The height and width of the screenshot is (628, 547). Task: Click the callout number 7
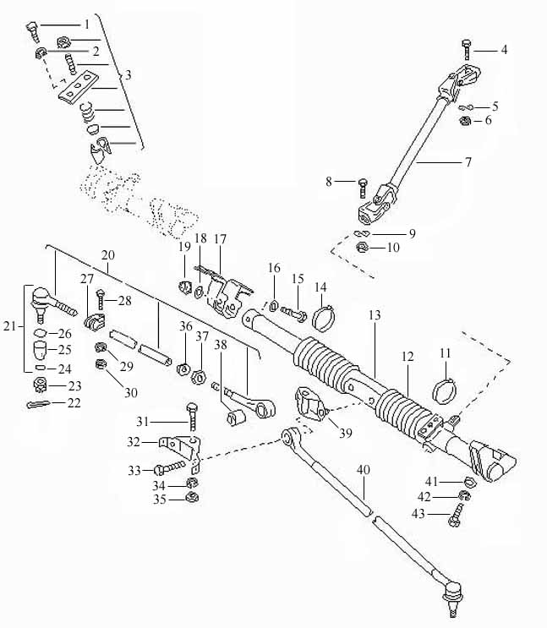pos(468,162)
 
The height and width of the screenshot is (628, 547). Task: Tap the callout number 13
pos(375,315)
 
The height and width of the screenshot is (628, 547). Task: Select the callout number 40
pos(364,470)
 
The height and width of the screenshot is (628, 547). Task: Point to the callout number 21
pos(9,326)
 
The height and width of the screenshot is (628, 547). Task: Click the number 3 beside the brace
pos(128,75)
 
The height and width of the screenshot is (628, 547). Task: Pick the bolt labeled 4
pos(467,50)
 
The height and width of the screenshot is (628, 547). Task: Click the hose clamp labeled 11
pos(445,390)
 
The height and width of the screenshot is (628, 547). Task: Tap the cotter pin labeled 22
pos(38,405)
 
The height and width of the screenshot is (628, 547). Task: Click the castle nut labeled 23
pos(40,385)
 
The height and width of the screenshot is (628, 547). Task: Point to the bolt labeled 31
pos(192,417)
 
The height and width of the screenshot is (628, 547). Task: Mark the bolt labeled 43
pos(457,515)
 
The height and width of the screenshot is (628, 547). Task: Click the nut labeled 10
pos(362,248)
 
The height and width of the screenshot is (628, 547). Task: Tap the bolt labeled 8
pos(362,188)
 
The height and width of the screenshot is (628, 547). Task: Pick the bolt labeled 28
pos(100,299)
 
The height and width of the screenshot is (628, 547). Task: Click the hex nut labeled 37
pos(200,377)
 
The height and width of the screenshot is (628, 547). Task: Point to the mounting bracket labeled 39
pos(310,403)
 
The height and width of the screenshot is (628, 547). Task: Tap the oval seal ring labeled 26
pos(41,333)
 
